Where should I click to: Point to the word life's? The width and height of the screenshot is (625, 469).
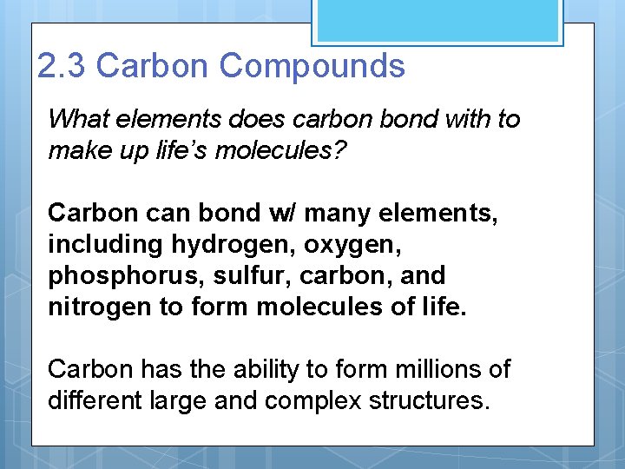176,150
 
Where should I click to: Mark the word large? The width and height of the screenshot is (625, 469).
177,401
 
